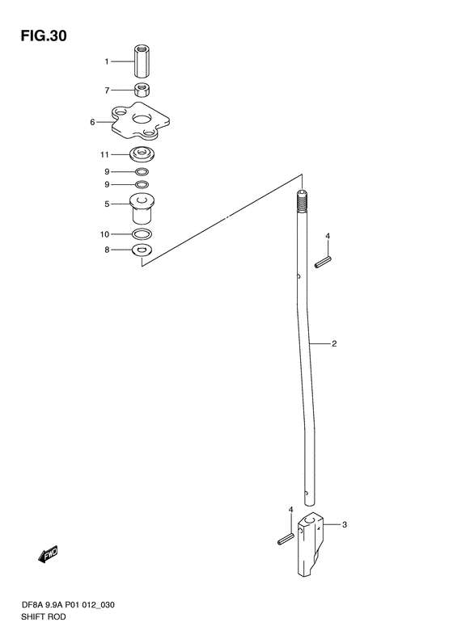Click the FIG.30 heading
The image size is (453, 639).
[x=44, y=36]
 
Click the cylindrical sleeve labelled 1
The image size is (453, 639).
[x=142, y=61]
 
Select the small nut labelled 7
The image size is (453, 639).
[x=142, y=90]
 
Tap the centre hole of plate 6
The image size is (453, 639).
[x=142, y=119]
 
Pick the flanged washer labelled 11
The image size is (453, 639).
[x=142, y=154]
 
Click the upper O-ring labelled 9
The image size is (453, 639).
[x=142, y=171]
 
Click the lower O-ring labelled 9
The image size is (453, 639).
[x=142, y=185]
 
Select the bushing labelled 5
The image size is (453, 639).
[x=142, y=208]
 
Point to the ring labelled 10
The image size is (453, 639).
[x=142, y=234]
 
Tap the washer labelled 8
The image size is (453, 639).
[x=142, y=250]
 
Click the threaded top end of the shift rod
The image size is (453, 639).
[x=302, y=202]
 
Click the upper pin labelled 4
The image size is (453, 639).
[x=323, y=262]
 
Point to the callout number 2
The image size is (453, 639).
[x=334, y=343]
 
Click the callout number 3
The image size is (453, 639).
[x=345, y=524]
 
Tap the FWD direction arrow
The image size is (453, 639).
[x=48, y=555]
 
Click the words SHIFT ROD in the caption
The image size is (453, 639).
[x=43, y=616]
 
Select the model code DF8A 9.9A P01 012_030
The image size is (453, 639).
[x=68, y=605]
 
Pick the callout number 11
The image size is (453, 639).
[x=105, y=154]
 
